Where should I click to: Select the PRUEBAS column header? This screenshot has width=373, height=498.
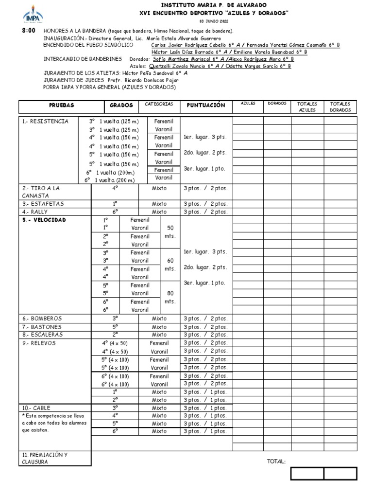point(61,106)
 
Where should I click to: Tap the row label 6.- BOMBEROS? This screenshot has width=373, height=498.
point(42,319)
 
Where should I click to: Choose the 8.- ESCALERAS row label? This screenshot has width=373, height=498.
point(43,335)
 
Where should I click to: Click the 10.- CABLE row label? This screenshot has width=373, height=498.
point(36,408)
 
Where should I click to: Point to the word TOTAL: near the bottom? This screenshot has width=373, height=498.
point(276,462)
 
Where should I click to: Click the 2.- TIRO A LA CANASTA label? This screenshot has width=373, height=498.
point(42,192)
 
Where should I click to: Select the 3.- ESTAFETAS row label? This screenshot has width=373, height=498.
point(43,204)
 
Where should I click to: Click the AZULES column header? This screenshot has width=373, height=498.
point(247,104)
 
